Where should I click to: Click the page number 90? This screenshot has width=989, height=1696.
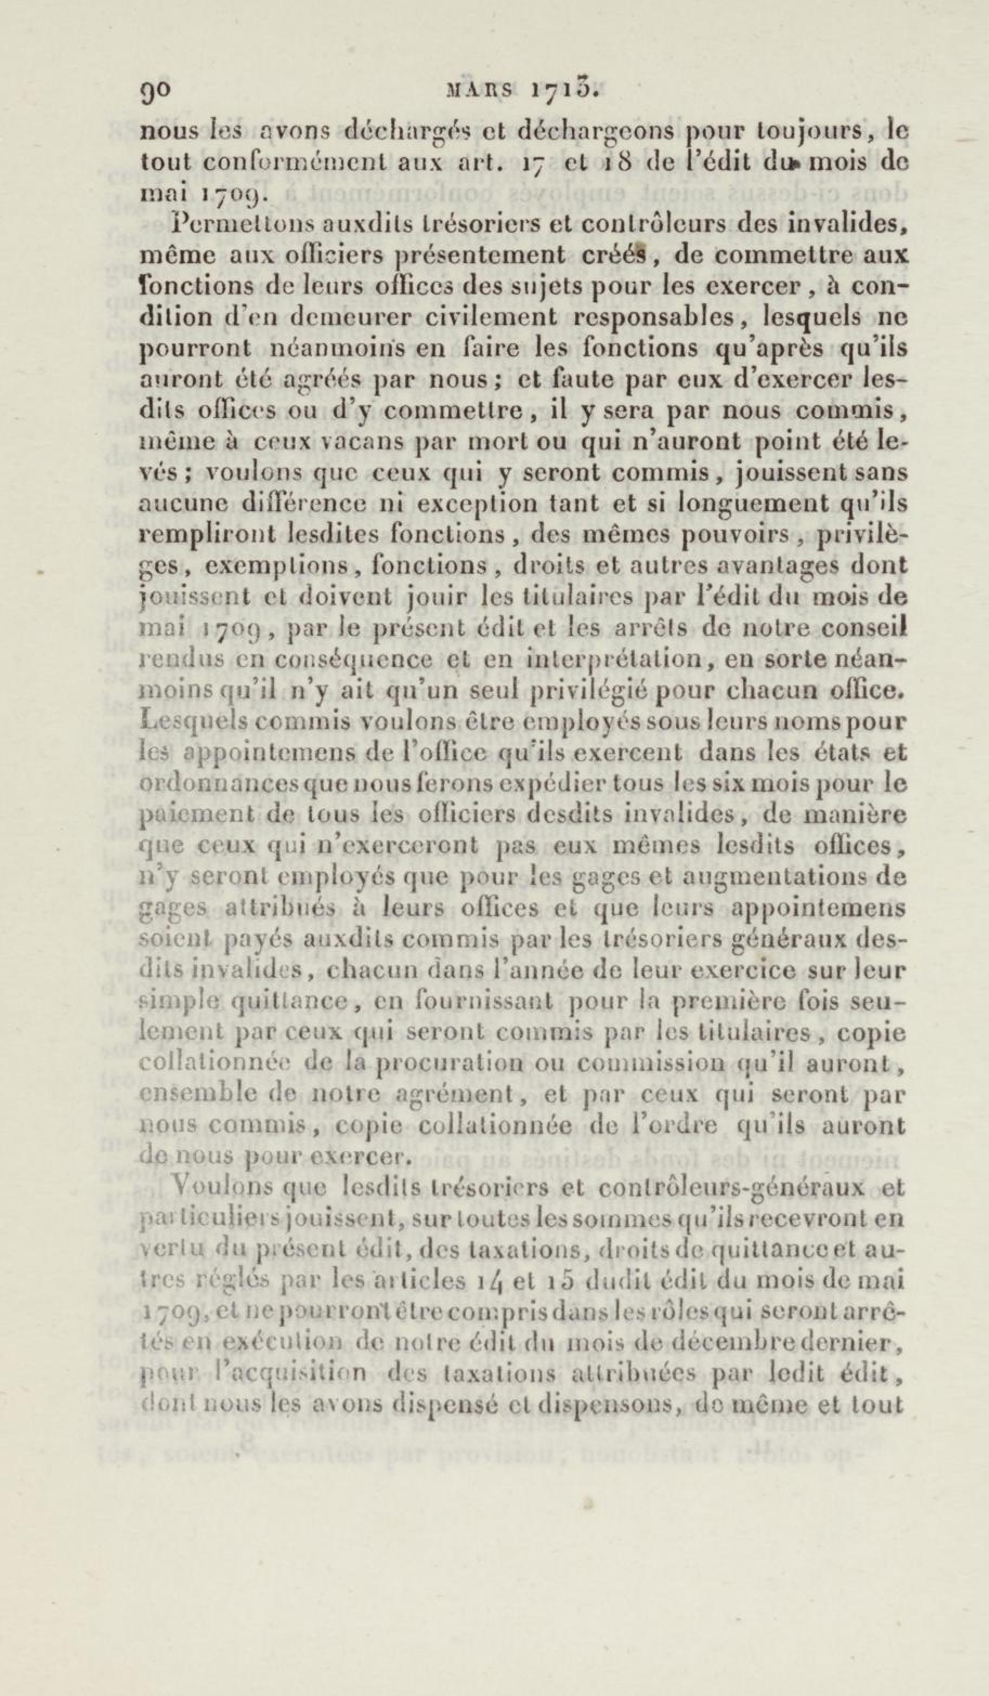(156, 91)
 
